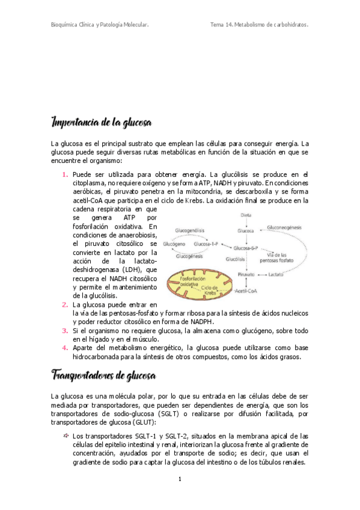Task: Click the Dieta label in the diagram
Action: pyautogui.click(x=246, y=215)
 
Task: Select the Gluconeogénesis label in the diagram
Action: pyautogui.click(x=284, y=227)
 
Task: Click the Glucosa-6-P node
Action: pyautogui.click(x=246, y=247)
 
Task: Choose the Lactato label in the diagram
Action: pyautogui.click(x=276, y=274)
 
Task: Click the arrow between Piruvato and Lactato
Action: pyautogui.click(x=261, y=274)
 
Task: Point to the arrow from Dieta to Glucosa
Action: pyautogui.click(x=246, y=222)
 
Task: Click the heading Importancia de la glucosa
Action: pyautogui.click(x=102, y=123)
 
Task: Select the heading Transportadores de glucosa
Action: pyautogui.click(x=104, y=376)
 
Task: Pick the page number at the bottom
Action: pyautogui.click(x=180, y=479)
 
